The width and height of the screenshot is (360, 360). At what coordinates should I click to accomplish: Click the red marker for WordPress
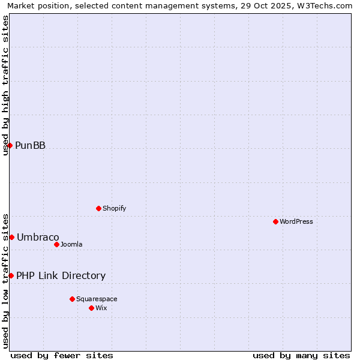275,221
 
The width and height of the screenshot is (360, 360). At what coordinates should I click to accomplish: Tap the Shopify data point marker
98,208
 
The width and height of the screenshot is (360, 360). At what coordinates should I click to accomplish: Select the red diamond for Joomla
56,244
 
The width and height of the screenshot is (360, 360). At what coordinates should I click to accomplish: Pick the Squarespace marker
72,299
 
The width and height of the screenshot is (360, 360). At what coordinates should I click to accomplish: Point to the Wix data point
91,308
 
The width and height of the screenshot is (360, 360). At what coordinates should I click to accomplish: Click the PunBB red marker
10,145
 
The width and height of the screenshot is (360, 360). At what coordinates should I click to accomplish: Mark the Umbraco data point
11,237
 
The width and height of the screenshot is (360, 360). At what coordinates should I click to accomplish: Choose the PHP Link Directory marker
11,275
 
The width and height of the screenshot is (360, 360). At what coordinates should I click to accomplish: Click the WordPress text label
296,221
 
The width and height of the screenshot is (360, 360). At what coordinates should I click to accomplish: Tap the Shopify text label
114,208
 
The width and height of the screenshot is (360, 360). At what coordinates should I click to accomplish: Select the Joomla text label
71,244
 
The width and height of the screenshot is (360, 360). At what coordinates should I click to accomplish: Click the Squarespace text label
97,299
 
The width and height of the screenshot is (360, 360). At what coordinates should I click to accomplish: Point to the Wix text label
101,308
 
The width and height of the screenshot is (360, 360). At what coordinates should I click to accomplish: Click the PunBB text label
30,145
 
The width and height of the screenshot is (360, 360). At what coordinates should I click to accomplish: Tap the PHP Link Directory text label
61,275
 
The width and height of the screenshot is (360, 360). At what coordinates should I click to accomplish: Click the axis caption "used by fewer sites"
62,355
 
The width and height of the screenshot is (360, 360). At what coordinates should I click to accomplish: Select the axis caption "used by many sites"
301,355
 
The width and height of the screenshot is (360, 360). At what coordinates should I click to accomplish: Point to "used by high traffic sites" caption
6,85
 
